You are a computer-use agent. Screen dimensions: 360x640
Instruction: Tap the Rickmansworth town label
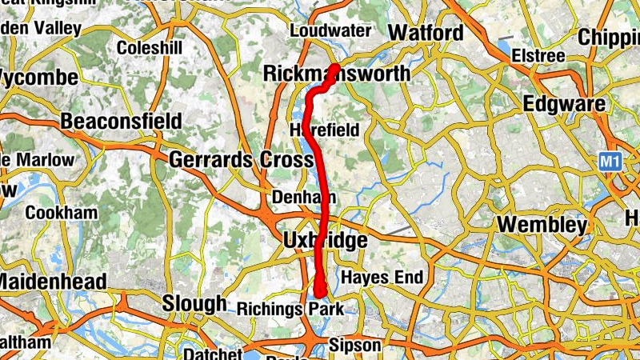(337, 74)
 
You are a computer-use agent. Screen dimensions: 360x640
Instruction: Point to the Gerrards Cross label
(241, 160)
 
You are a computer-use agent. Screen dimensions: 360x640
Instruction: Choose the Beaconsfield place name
(122, 122)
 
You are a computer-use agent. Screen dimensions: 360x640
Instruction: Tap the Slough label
(194, 303)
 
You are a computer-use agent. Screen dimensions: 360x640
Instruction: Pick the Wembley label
(542, 225)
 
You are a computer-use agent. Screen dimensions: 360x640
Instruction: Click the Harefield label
(320, 130)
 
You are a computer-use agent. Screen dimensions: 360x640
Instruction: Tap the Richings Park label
(290, 309)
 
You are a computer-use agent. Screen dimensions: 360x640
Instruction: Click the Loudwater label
(330, 31)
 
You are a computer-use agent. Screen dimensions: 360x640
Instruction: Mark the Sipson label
(356, 345)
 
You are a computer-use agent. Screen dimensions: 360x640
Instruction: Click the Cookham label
(62, 214)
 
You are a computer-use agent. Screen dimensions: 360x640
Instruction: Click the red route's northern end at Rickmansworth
(336, 66)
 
